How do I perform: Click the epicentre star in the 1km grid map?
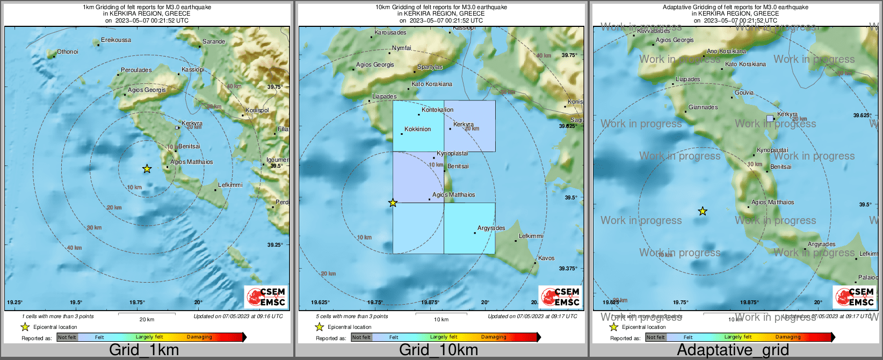(x=147, y=169)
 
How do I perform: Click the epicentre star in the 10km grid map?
(x=393, y=203)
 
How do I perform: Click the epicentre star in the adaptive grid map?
(x=703, y=211)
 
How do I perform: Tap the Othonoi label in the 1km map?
(x=68, y=52)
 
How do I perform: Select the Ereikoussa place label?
(x=116, y=40)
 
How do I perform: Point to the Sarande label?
(x=214, y=42)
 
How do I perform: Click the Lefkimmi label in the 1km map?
(x=230, y=185)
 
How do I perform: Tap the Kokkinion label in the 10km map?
(x=418, y=129)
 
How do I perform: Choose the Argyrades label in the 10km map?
(x=491, y=228)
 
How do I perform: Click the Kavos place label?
(x=546, y=258)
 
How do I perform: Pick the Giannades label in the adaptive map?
(x=703, y=107)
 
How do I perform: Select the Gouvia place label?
(x=744, y=93)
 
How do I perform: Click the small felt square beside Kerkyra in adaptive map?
(x=770, y=118)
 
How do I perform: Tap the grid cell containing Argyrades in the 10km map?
(x=469, y=228)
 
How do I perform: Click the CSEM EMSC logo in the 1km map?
(x=266, y=297)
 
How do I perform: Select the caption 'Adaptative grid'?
(x=733, y=350)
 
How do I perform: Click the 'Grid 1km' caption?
(x=144, y=350)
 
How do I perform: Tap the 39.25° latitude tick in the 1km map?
(x=275, y=245)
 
